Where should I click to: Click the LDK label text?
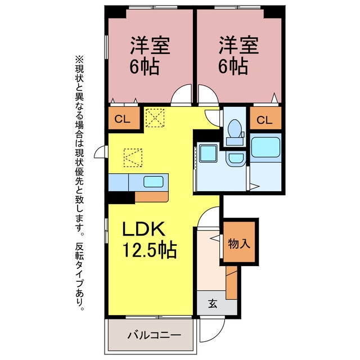[x=143, y=229]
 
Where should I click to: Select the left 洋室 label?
[x=151, y=44]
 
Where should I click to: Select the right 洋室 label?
[x=238, y=44]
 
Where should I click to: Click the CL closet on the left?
[x=121, y=119]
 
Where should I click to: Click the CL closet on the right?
[x=265, y=120]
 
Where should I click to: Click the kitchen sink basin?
[x=154, y=182]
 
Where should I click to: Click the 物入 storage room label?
[x=238, y=243]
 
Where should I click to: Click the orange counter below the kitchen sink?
[x=152, y=196]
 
